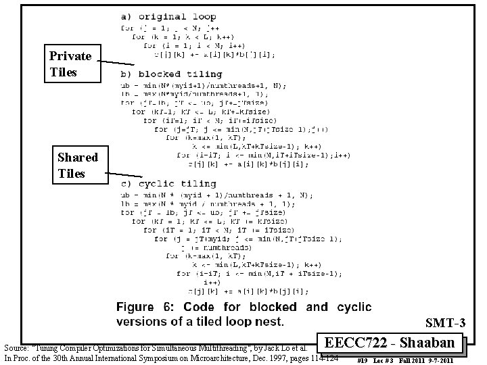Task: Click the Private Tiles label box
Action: [x=71, y=64]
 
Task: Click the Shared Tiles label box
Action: [x=78, y=166]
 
